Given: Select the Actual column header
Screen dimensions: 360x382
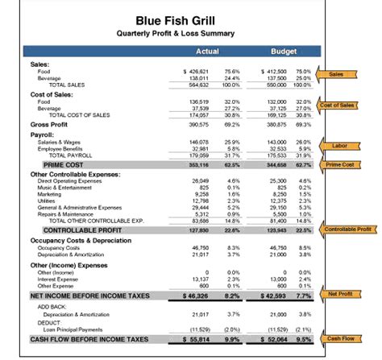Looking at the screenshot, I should click(208, 52).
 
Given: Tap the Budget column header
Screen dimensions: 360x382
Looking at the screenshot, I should click(284, 52).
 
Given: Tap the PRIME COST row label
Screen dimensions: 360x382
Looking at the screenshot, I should click(64, 164).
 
